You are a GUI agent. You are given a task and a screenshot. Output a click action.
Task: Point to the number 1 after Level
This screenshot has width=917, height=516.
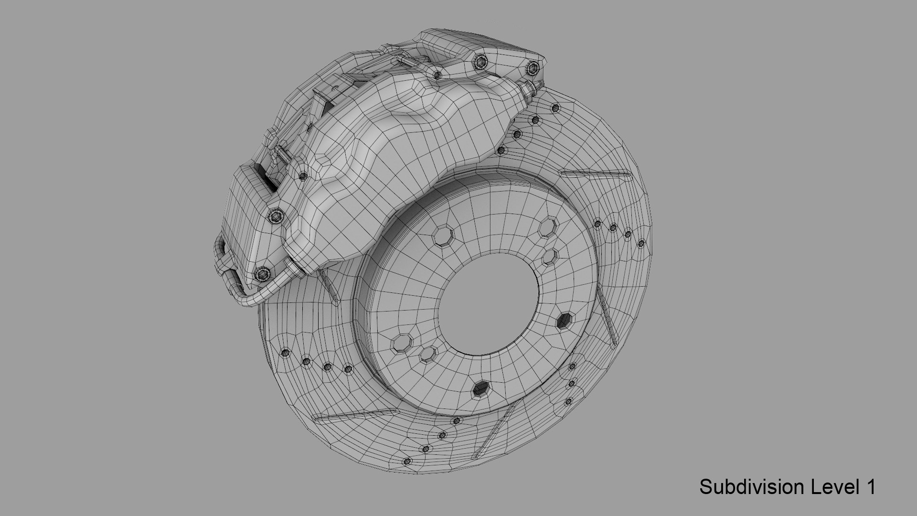[x=870, y=487]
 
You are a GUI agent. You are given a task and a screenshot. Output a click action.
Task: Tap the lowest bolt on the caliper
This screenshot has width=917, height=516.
[x=262, y=274]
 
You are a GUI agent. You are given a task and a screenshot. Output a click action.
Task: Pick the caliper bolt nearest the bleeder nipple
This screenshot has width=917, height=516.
[x=531, y=67]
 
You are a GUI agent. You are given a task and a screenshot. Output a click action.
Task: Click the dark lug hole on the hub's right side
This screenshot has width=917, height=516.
[x=565, y=320]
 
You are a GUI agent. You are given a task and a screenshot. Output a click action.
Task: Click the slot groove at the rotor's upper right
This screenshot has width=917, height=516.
[x=595, y=173]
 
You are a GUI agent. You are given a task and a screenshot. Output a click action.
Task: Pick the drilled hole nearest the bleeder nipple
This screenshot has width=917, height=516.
[x=554, y=108]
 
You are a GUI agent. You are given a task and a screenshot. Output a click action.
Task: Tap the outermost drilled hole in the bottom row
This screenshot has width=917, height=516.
[x=407, y=462]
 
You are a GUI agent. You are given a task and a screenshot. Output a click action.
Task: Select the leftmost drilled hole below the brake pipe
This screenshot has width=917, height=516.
[x=285, y=353]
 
